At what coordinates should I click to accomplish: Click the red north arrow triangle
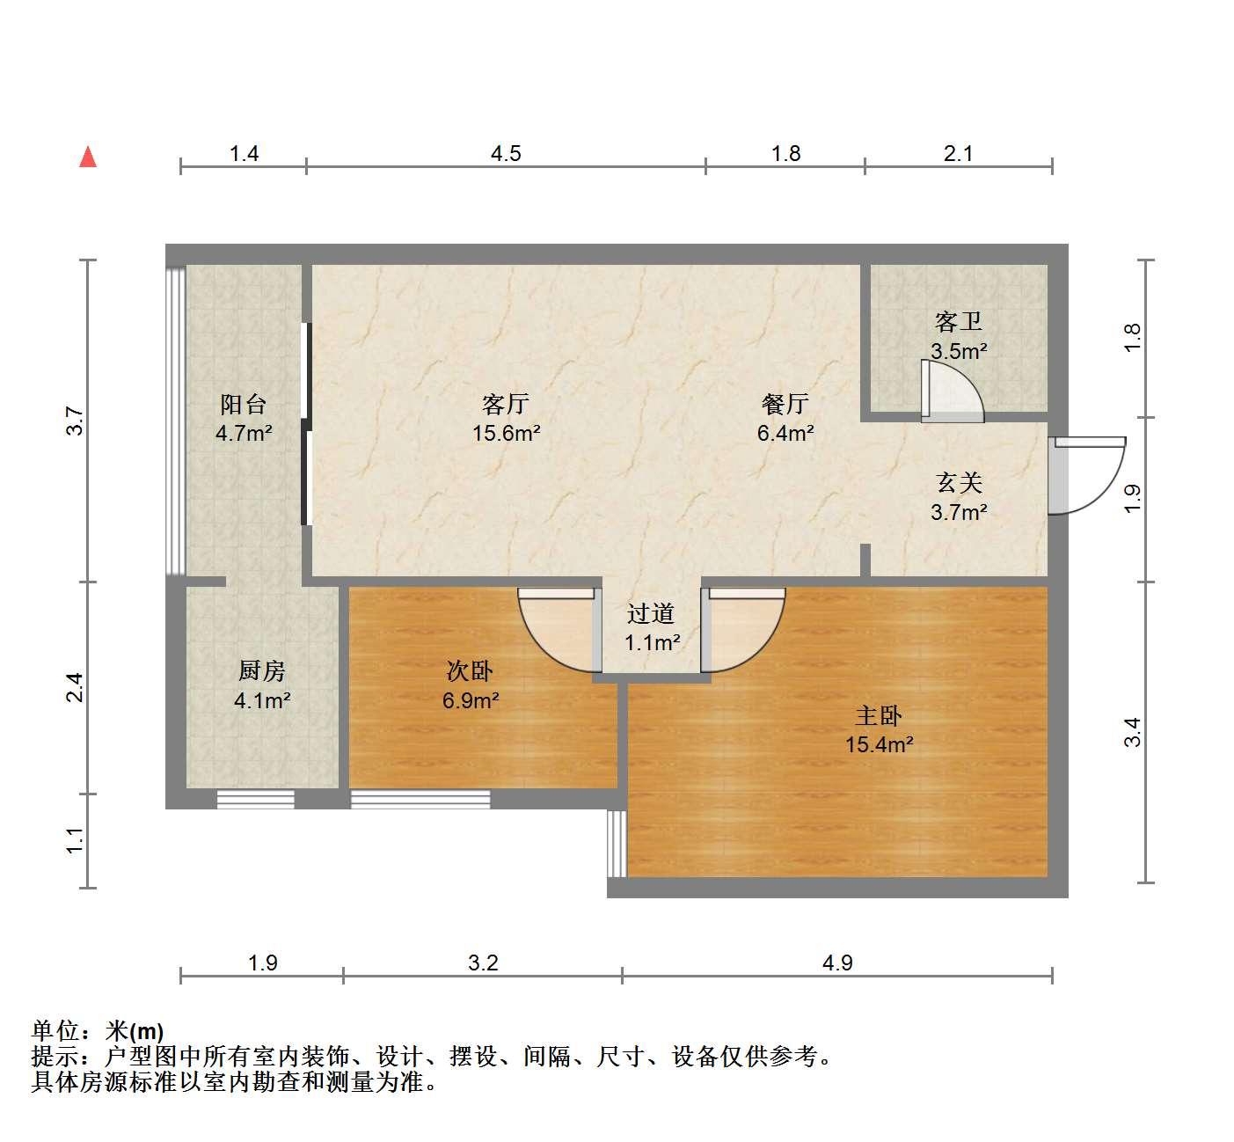coord(88,157)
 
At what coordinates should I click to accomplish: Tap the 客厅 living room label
coord(506,404)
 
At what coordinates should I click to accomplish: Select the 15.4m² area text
coord(880,744)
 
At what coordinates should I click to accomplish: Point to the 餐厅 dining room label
coord(785,404)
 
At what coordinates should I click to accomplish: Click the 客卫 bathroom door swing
coord(952,391)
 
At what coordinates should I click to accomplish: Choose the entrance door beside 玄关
coord(1087,476)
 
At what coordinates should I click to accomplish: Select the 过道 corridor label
coord(651,613)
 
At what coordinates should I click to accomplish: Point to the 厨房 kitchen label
coord(261,670)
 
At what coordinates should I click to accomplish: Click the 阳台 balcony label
coord(244,404)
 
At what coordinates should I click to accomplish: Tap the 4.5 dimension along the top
coord(506,154)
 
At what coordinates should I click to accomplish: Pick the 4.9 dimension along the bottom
coord(837,963)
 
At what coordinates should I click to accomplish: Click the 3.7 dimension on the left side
coord(75,421)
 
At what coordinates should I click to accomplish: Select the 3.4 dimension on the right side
coord(1133,732)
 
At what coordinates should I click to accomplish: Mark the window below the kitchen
coord(255,800)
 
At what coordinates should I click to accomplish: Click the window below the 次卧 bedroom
coord(420,800)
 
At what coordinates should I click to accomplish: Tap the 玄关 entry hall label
coord(960,483)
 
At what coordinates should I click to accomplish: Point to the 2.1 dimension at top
coord(958,154)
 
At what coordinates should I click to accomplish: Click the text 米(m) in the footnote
coord(135,1031)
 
